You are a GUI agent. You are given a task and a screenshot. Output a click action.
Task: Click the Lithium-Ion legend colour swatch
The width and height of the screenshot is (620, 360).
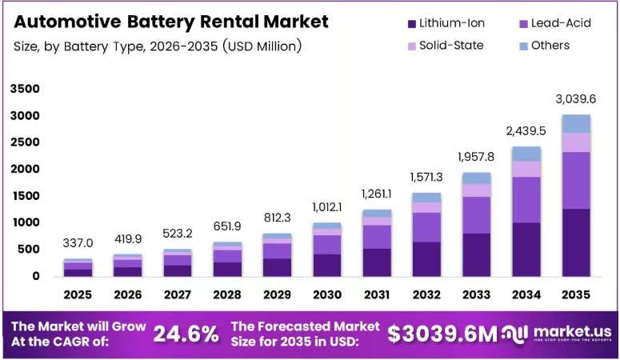click(x=412, y=24)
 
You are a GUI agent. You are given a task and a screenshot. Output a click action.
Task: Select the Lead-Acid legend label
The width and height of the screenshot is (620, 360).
click(x=561, y=23)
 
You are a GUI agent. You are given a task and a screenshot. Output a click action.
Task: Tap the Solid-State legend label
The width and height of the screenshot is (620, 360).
click(x=451, y=46)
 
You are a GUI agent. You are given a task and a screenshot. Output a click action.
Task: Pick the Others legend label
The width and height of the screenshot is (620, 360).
click(x=550, y=46)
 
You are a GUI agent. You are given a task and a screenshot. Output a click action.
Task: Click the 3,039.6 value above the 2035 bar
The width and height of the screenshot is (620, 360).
click(x=576, y=99)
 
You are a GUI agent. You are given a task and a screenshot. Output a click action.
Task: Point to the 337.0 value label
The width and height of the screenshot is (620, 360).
click(x=78, y=243)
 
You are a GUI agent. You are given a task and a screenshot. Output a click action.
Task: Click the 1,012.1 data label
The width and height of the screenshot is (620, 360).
click(x=327, y=207)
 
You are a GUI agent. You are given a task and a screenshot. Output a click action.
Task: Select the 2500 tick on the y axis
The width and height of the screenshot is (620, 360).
click(x=26, y=142)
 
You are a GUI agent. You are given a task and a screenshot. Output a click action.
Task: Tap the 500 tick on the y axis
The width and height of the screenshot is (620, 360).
click(x=29, y=250)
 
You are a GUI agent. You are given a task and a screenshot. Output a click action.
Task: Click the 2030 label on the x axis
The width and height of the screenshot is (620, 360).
click(x=327, y=294)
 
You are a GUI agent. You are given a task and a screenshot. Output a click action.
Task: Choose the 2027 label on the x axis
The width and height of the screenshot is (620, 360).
click(x=178, y=294)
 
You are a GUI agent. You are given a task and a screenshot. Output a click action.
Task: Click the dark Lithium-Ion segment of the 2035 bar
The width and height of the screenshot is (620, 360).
click(x=576, y=242)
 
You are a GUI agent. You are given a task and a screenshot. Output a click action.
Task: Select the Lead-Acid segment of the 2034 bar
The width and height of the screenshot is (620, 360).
click(x=526, y=200)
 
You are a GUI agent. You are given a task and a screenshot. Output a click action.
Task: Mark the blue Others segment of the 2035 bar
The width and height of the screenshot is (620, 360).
click(x=576, y=124)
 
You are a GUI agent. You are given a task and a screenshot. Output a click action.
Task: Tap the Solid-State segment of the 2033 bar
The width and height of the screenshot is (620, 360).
click(x=477, y=190)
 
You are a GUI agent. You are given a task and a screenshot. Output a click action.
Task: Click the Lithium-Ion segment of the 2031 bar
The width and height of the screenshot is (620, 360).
click(x=377, y=262)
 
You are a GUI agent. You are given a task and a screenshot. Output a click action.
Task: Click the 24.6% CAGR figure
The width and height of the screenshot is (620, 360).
click(x=186, y=334)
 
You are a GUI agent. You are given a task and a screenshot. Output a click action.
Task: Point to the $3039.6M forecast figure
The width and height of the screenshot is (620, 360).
click(x=442, y=334)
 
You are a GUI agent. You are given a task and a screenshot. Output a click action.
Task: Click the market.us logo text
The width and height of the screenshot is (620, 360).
click(x=572, y=331)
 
